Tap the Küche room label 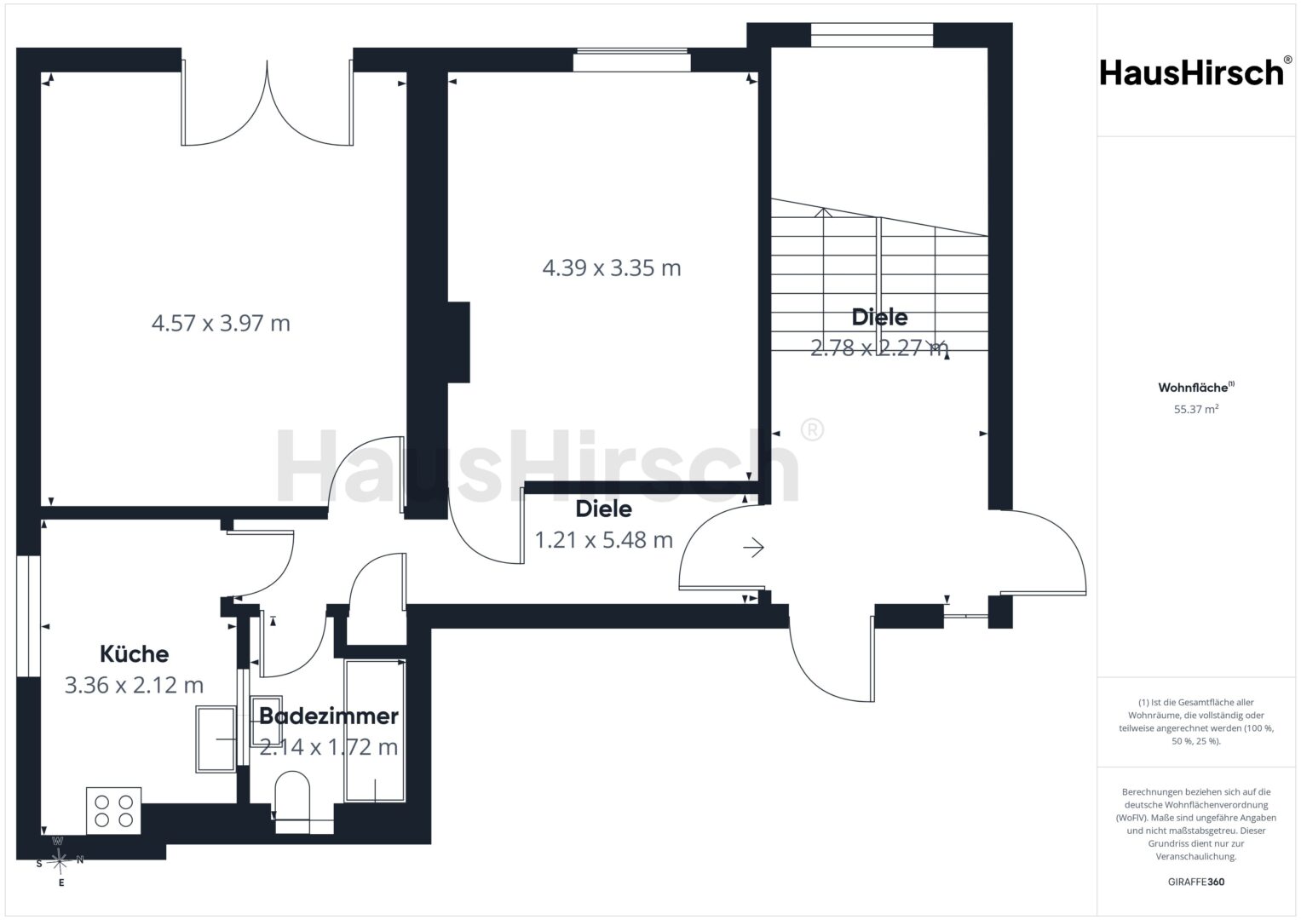point(134,654)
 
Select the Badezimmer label point(329,716)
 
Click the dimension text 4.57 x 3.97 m point(221,323)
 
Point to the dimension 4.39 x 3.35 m point(612,267)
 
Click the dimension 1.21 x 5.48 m point(603,540)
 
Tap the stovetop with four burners point(114,811)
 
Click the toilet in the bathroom point(292,802)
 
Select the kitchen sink point(216,739)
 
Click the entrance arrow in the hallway point(753,547)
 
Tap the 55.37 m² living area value point(1196,409)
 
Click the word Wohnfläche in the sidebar point(1193,388)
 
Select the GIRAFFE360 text point(1196,882)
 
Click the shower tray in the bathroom point(375,731)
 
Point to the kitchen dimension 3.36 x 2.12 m point(134,686)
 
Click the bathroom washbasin point(266,722)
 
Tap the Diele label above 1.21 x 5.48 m point(603,509)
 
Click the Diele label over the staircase point(879,317)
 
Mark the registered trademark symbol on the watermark point(812,430)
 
